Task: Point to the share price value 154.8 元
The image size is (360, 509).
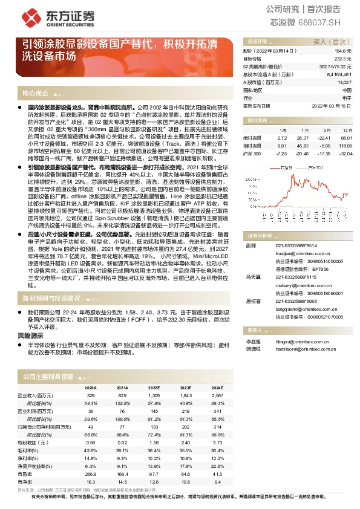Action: click(x=342, y=52)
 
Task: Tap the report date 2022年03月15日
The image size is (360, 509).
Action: click(x=332, y=105)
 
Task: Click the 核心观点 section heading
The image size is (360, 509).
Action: click(x=35, y=93)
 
